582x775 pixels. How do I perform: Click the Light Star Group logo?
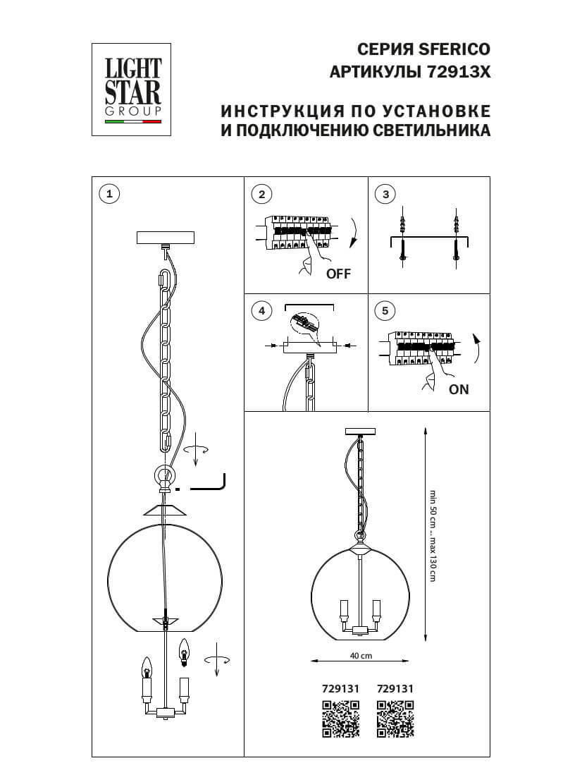point(133,89)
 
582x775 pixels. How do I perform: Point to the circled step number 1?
point(109,194)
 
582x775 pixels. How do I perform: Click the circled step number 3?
point(385,194)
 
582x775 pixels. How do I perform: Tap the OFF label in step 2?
point(338,274)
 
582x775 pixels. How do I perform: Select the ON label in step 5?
point(459,389)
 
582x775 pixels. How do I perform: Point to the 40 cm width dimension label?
point(361,655)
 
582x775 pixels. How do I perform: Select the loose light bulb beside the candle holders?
point(185,652)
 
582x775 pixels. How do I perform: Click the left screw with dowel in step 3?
point(402,238)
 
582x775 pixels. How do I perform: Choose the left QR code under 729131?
point(341,719)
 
